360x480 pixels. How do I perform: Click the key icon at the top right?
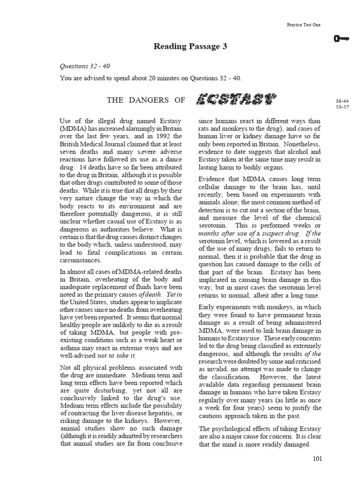[x=343, y=39]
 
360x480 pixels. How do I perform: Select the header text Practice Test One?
[x=303, y=25]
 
